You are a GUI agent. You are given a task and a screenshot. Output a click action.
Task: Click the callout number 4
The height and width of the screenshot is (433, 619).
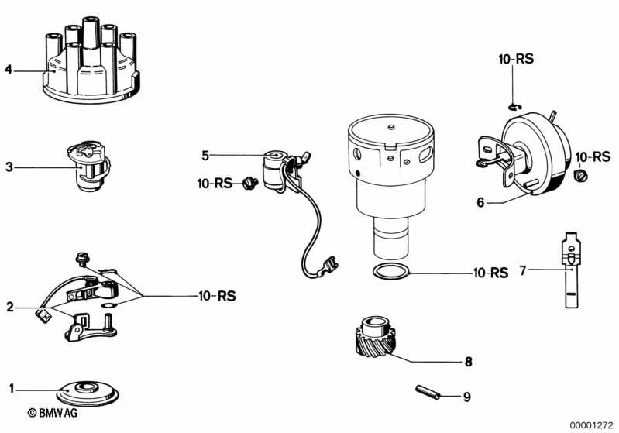pos(9,70)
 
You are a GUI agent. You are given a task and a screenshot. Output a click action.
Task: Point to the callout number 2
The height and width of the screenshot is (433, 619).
pos(9,307)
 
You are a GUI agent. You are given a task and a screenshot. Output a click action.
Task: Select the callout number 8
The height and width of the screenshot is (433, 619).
pos(468,362)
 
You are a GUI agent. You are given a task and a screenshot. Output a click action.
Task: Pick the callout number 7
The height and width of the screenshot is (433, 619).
pos(522,271)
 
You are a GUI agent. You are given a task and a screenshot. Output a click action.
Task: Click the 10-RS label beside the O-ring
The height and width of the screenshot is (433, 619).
pos(490,273)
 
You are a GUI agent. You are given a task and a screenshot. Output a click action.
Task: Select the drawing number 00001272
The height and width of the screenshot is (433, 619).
pos(591,424)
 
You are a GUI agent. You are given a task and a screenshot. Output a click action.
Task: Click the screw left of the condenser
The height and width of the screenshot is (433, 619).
pos(249,183)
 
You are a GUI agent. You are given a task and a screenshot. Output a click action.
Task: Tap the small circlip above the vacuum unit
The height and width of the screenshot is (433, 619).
pos(516,105)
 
